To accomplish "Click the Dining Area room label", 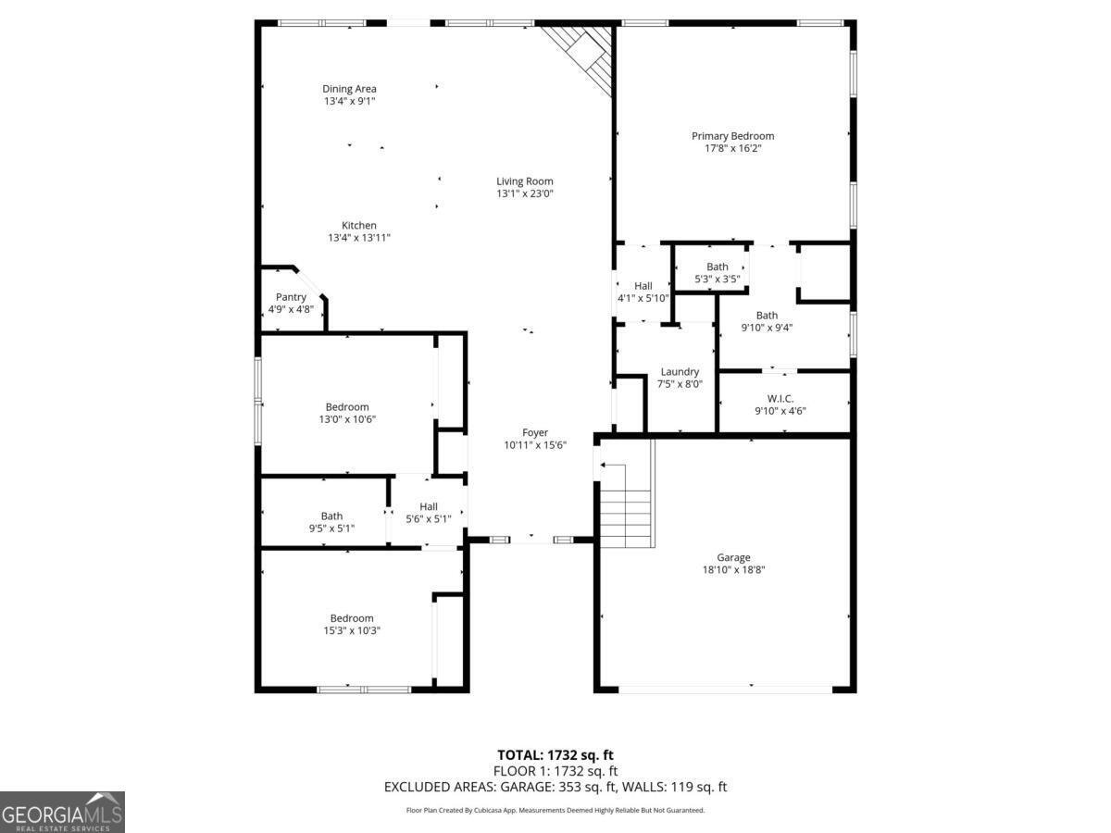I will pos(349,89).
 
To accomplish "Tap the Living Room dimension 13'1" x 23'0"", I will pos(524,194).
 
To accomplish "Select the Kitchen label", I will pos(358,225).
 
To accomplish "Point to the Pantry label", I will pos(290,297).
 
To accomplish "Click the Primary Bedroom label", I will pos(732,136).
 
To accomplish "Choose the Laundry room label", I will pos(679,371).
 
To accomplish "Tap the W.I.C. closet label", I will pos(780,398).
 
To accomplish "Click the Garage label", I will pos(732,557).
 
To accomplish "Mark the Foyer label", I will pos(534,432).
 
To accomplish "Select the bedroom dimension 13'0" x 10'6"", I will pos(346,419).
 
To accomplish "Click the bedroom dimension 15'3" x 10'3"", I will pos(352,630).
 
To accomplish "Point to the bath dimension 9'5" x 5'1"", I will pos(331,528).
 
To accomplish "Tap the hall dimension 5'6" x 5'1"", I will pos(428,519).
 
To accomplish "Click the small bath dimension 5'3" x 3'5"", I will pos(717,279).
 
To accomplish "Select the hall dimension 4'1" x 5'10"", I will pos(643,298).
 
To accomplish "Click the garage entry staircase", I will pos(627,504).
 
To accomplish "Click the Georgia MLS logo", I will pos(62,812).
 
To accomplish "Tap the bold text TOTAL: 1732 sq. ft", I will pos(555,755).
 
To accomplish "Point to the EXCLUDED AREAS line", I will pos(555,787).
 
